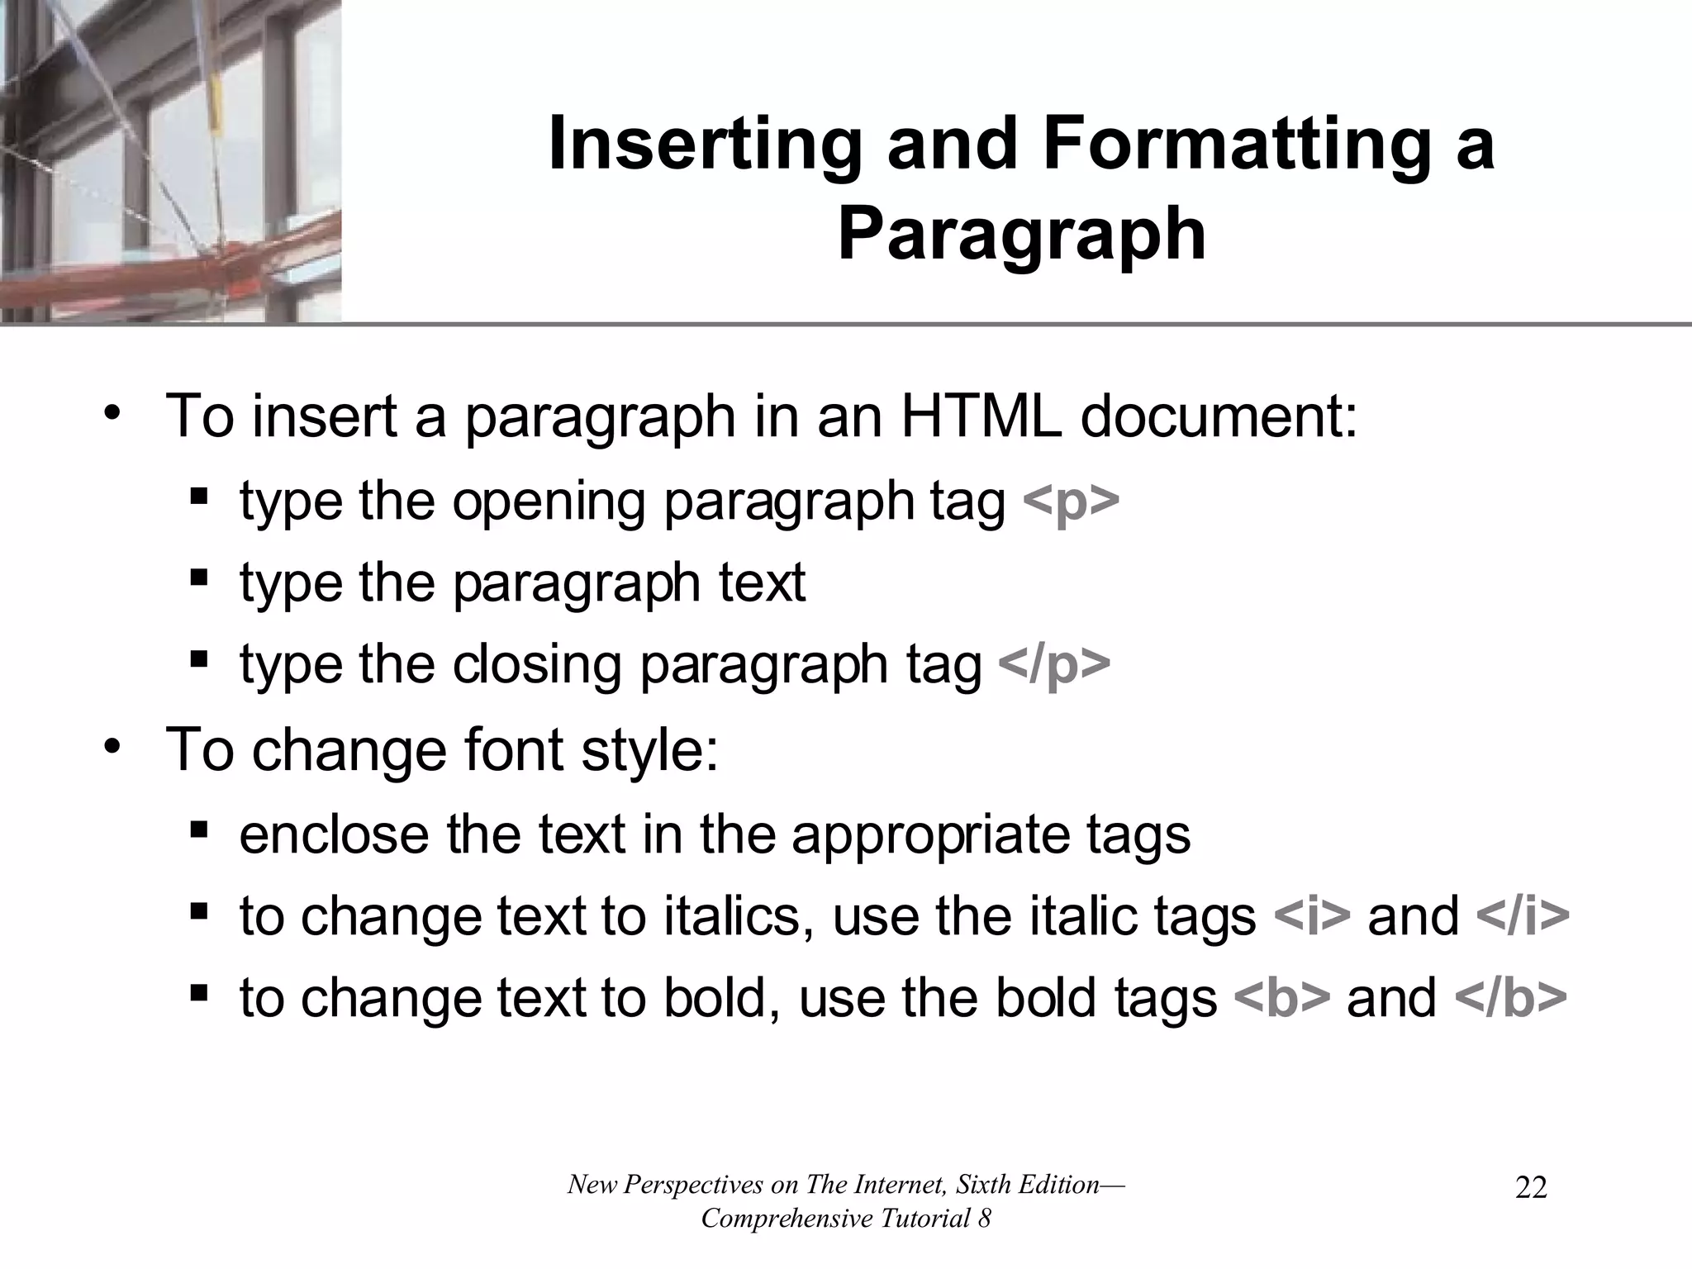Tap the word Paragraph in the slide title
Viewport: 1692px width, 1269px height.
pos(1021,235)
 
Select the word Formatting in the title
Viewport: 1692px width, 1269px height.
pos(1236,145)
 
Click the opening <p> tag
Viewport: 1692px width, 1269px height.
pos(1071,501)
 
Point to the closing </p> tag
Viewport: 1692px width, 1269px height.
pos(1054,665)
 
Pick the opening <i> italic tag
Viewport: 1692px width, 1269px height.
pos(1313,916)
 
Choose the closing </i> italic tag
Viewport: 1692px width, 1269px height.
pos(1522,916)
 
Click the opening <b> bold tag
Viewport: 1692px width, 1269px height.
pos(1281,998)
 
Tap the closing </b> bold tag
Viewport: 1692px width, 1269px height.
pos(1510,998)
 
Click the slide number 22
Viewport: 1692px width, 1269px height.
pos(1531,1188)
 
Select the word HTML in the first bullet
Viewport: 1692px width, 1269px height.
pos(980,416)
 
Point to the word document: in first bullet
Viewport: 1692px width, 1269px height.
pos(1219,416)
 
